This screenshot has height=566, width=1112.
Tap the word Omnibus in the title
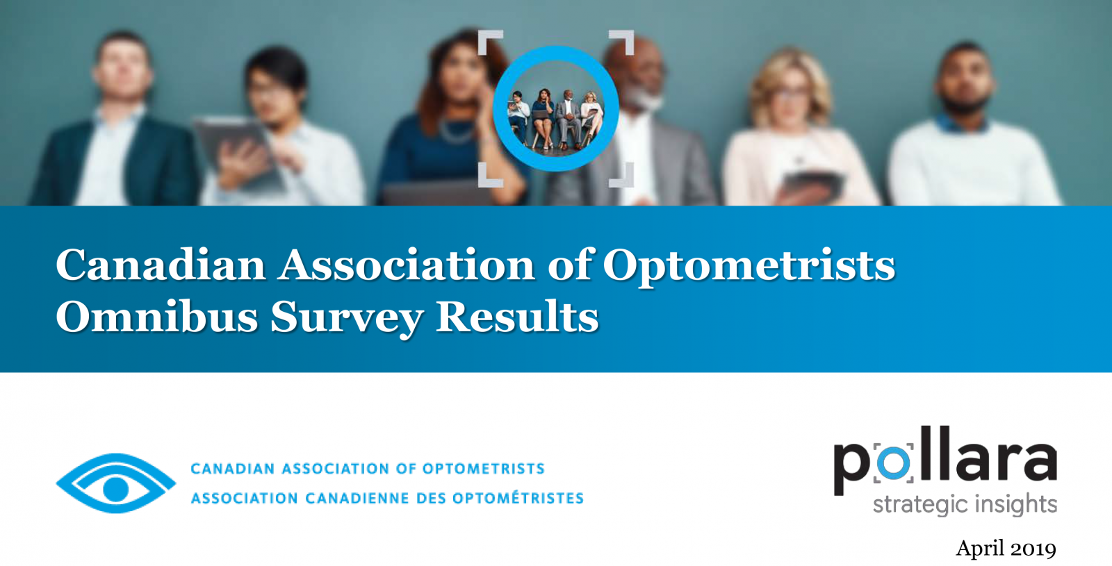click(x=157, y=317)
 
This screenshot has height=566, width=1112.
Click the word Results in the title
click(x=517, y=317)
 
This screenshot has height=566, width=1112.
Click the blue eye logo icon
click(x=115, y=483)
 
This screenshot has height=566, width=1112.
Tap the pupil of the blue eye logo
click(x=115, y=489)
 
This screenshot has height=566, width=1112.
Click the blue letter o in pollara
click(x=893, y=463)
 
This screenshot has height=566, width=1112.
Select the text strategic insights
click(x=965, y=504)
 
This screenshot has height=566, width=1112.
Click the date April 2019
click(x=1006, y=549)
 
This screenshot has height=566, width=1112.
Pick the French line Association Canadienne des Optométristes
click(x=387, y=498)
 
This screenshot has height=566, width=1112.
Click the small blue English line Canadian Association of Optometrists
click(x=368, y=469)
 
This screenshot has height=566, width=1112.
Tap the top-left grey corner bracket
click(x=490, y=42)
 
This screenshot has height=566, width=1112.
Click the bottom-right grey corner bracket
click(x=621, y=175)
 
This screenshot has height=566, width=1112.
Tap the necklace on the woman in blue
click(x=457, y=131)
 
